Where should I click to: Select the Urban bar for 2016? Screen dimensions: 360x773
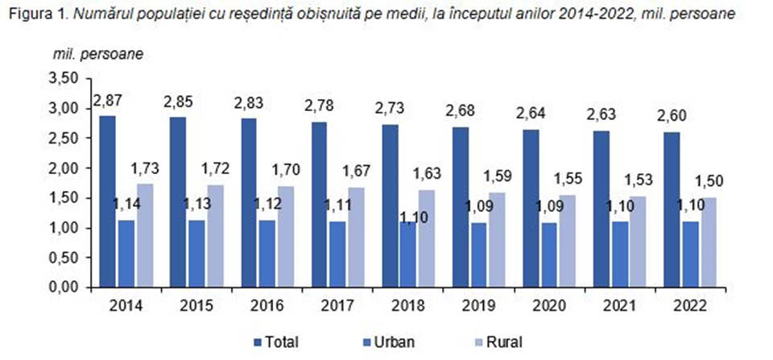click(267, 254)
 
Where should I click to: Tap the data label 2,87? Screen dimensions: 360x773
click(107, 101)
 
